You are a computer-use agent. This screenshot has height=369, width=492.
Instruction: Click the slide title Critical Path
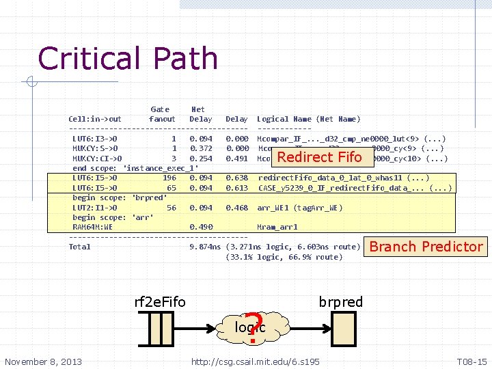128,58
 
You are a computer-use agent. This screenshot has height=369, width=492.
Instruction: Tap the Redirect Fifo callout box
319,157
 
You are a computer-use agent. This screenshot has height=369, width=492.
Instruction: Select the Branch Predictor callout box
426,247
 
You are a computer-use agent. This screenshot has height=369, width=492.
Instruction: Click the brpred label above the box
341,302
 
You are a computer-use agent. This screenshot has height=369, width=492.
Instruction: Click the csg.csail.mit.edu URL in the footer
256,361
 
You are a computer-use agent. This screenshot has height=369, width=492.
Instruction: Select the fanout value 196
169,178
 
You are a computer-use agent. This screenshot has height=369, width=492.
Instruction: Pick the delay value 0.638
236,178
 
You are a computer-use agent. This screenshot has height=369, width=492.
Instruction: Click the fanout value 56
172,208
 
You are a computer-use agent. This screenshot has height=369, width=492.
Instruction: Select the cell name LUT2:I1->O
95,208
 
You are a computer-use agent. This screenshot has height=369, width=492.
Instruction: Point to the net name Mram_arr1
277,228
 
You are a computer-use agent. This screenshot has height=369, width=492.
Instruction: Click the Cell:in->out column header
95,119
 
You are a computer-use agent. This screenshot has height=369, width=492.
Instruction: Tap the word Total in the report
80,247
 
